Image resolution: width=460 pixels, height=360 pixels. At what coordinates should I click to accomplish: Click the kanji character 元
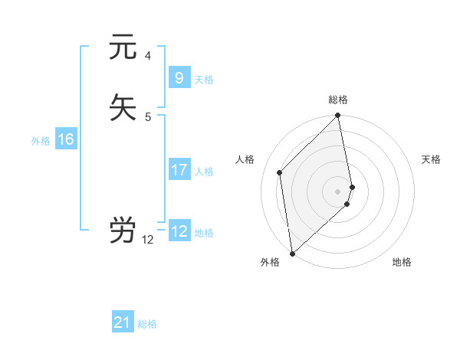point(123,47)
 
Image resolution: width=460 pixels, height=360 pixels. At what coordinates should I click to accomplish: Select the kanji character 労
point(123,230)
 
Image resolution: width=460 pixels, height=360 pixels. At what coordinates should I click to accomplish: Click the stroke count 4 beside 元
point(148,56)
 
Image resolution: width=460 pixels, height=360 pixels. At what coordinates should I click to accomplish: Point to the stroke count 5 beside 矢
point(148,116)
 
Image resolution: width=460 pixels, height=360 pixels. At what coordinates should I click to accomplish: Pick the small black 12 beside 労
point(148,240)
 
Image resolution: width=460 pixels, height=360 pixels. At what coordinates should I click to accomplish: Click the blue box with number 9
point(179,78)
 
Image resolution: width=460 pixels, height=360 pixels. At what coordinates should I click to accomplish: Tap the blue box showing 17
point(179,170)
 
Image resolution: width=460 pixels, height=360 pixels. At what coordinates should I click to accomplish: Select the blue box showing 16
point(65,139)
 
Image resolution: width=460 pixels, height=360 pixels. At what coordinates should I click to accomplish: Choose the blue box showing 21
point(123,322)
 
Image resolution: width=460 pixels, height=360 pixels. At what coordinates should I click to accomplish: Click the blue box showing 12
point(179,231)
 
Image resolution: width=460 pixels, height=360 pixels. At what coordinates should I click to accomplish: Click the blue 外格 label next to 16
point(41,141)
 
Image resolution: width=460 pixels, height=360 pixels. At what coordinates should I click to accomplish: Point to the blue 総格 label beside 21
point(147,324)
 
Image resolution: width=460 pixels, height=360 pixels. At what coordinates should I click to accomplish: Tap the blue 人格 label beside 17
point(205,172)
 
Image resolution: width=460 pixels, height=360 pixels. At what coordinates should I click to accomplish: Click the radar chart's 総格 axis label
point(338,100)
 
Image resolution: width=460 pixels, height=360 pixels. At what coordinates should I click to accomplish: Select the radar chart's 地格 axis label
point(402,262)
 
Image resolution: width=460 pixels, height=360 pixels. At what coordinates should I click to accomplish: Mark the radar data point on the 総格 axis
point(338,116)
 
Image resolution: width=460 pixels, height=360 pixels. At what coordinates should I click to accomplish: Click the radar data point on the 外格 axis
point(291,254)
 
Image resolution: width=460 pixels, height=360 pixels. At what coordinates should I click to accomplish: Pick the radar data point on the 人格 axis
point(280,172)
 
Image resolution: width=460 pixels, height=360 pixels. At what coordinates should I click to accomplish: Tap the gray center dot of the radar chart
point(338,191)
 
